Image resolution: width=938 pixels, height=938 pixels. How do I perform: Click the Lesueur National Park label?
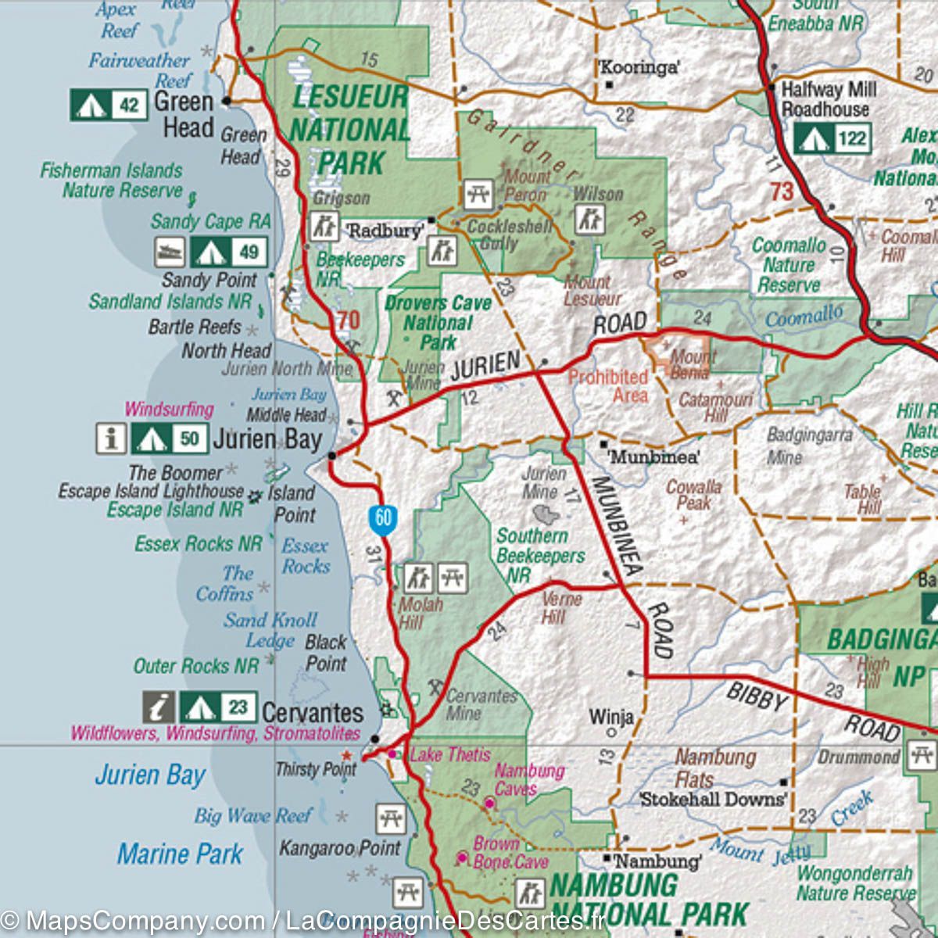(x=349, y=130)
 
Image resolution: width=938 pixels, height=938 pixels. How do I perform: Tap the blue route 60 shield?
(x=383, y=519)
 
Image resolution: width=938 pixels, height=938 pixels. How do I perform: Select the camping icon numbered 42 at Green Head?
(x=91, y=105)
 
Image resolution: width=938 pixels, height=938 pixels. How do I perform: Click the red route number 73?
(x=781, y=191)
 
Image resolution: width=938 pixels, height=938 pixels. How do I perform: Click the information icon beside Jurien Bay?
(x=111, y=439)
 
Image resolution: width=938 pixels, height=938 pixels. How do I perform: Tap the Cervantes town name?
(x=313, y=713)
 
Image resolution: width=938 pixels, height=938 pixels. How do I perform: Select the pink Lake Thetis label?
(x=450, y=754)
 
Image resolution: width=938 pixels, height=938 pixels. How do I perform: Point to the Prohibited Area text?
(x=609, y=386)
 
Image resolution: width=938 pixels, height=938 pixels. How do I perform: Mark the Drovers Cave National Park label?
(x=438, y=322)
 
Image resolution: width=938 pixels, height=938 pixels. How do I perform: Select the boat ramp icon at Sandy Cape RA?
(x=170, y=252)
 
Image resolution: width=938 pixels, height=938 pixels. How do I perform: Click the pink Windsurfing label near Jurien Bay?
(x=169, y=409)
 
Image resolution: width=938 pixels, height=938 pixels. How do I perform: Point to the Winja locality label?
(x=611, y=716)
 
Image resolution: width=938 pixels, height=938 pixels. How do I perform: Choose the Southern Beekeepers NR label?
(x=540, y=555)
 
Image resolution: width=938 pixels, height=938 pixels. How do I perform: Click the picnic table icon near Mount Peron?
(x=478, y=194)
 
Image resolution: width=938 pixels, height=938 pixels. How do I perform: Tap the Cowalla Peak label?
(x=693, y=494)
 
